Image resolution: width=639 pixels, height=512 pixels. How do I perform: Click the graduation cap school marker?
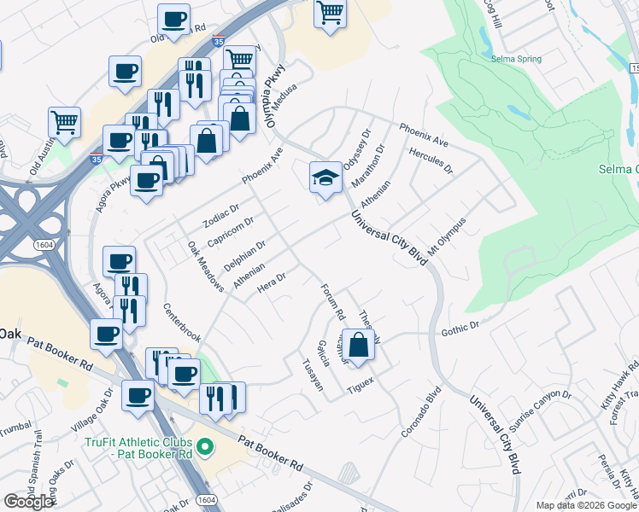tap(325, 178)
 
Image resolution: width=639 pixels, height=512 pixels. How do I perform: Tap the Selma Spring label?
tap(517, 59)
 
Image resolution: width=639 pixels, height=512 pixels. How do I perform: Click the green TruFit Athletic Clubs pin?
tap(205, 446)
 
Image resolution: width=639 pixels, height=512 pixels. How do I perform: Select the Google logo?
tap(28, 501)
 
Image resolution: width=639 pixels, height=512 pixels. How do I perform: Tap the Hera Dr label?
tap(270, 281)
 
